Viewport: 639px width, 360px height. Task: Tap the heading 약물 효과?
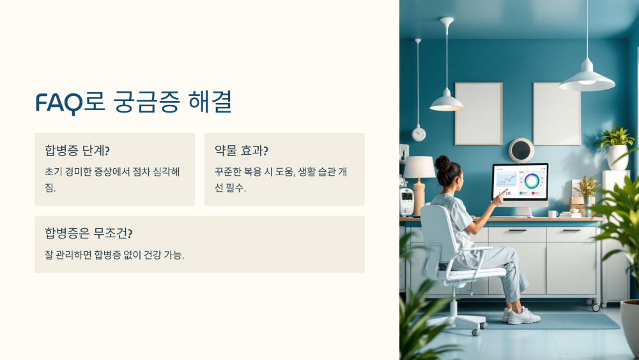point(242,151)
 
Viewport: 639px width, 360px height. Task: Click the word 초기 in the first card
point(53,172)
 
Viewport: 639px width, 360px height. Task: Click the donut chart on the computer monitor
point(532,180)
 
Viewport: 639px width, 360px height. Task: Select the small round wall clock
point(419,134)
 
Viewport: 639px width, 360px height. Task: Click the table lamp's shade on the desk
point(419,168)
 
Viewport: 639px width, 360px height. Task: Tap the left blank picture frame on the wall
point(478,114)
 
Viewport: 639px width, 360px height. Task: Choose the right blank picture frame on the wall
point(557,114)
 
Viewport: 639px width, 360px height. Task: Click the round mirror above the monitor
point(521,150)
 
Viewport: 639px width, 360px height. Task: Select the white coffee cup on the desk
point(552,214)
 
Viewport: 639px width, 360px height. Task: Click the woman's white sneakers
point(522,315)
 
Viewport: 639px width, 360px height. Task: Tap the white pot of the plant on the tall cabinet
point(617,157)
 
